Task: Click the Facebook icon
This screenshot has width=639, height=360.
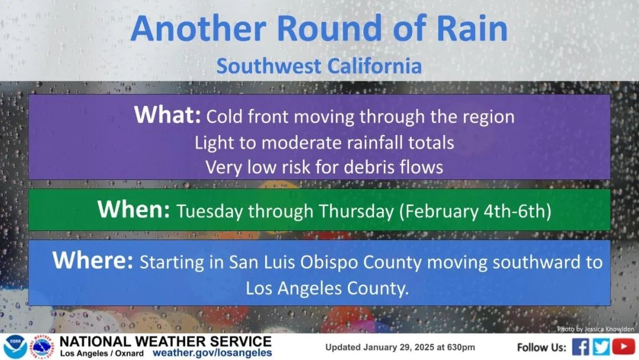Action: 581,347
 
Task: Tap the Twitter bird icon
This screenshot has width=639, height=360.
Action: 602,347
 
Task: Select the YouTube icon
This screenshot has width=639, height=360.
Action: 624,346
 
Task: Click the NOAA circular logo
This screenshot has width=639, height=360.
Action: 15,348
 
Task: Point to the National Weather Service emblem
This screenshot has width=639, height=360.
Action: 43,348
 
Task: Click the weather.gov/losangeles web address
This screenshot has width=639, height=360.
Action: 212,353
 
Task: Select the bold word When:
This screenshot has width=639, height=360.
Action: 134,210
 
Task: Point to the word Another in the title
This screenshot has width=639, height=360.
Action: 198,28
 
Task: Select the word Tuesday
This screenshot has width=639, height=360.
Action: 209,212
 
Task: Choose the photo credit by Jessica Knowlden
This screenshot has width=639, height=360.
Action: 595,329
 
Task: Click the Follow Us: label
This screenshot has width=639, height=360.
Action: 541,348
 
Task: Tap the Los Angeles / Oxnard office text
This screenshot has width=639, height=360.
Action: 102,353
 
